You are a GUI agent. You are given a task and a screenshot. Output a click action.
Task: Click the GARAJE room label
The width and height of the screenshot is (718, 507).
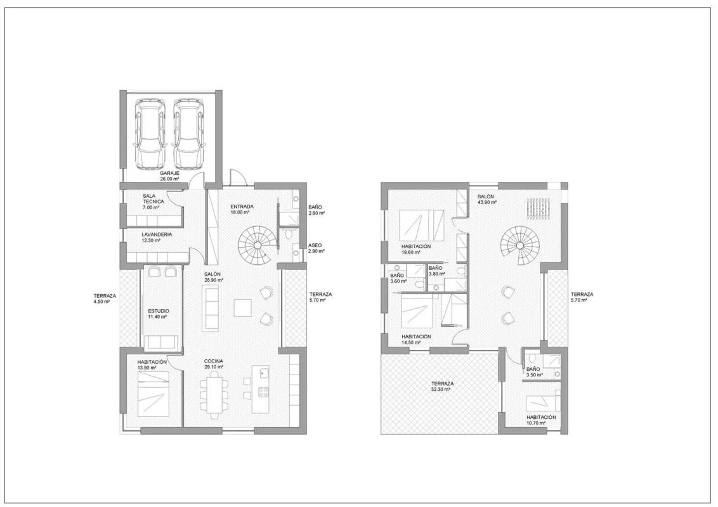[x=169, y=174]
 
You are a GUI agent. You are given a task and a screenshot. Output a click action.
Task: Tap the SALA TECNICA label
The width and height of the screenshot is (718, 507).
[x=153, y=198]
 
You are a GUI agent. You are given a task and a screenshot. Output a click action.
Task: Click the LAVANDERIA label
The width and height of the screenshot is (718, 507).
[x=157, y=234]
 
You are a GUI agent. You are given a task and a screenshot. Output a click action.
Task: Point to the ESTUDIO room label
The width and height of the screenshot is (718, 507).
[x=159, y=311]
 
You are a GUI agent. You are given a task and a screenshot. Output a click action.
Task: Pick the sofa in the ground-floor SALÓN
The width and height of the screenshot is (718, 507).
[x=211, y=307]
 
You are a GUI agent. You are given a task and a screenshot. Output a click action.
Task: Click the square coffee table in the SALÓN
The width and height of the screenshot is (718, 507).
[x=243, y=307]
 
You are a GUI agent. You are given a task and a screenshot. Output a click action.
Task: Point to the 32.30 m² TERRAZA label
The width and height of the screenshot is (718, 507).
[x=442, y=383]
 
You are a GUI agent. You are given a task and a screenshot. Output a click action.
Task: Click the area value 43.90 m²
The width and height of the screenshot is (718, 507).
[x=487, y=202]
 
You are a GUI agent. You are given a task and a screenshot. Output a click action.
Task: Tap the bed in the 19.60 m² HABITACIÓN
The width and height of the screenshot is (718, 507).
[x=421, y=225]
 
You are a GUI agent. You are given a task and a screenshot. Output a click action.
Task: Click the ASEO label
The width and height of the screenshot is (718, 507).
[x=315, y=245]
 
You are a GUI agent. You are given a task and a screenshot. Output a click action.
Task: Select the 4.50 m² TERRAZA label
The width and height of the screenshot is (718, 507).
[x=105, y=295]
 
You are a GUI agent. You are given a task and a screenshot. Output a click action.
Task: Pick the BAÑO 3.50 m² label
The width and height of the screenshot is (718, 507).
[x=533, y=369]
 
